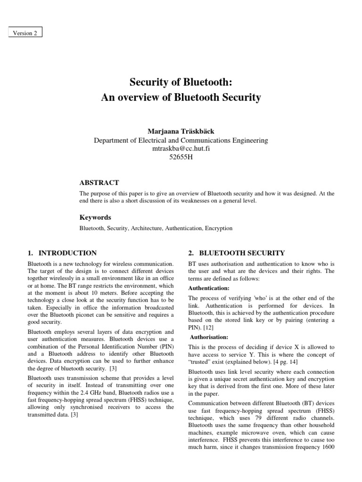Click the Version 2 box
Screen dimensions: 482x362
[25, 33]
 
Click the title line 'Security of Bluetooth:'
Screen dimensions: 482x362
[181, 82]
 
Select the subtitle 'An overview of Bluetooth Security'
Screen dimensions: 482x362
[181, 98]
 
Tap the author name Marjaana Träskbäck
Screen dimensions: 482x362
[181, 131]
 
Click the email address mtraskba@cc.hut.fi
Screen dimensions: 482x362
[181, 149]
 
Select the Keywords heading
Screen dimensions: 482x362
[95, 217]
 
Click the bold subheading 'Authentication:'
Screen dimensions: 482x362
[209, 288]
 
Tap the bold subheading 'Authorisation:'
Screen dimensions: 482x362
[210, 337]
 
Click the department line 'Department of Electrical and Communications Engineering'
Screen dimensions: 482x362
[181, 140]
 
